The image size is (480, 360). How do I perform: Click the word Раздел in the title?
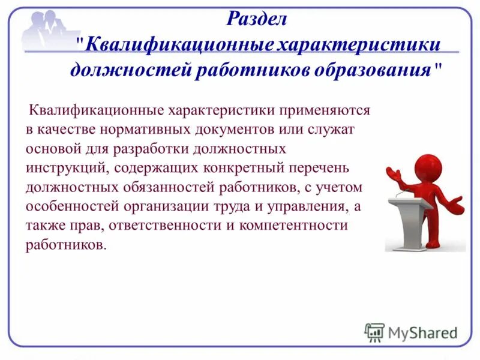pyautogui.click(x=257, y=19)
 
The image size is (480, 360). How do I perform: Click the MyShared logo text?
pyautogui.click(x=423, y=332)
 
